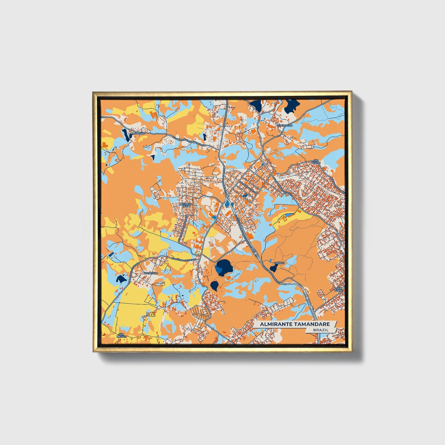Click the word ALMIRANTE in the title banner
click(x=275, y=324)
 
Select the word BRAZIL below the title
click(x=321, y=330)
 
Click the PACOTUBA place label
click(x=137, y=134)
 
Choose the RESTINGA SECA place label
click(x=186, y=205)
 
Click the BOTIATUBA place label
click(x=151, y=273)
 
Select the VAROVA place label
click(x=279, y=263)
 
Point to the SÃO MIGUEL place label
click(x=121, y=335)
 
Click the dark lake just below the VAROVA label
click(x=273, y=269)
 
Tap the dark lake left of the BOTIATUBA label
click(x=121, y=279)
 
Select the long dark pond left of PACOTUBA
click(x=125, y=135)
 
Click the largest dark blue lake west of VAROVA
click(x=224, y=267)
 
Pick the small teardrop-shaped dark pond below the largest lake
click(x=215, y=285)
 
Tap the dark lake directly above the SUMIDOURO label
click(x=291, y=106)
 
